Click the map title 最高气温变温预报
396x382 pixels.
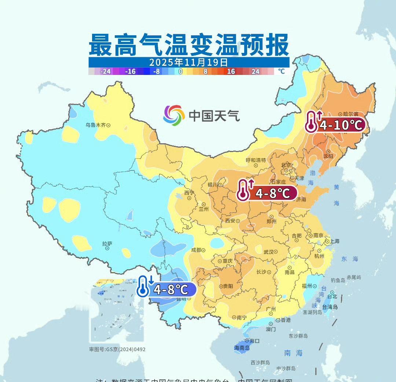click(x=189, y=45)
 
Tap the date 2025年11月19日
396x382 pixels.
click(x=189, y=62)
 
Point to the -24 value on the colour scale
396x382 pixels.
click(x=106, y=71)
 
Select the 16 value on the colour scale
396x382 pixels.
click(x=231, y=71)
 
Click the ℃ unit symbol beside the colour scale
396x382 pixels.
click(x=281, y=71)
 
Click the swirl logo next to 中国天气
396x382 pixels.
click(x=174, y=115)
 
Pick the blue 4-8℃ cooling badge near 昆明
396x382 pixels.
click(x=166, y=289)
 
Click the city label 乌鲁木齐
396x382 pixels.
click(x=96, y=125)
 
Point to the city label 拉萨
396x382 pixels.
click(x=107, y=244)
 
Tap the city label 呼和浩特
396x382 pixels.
click(x=256, y=160)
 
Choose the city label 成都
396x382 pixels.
click(x=196, y=250)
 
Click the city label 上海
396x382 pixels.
click(x=334, y=241)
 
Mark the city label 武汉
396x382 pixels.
click(x=269, y=252)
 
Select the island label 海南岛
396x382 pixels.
click(x=242, y=348)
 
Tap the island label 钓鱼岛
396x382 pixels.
click(x=338, y=280)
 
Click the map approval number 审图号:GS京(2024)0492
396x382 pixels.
click(x=117, y=349)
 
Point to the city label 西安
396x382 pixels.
click(x=230, y=221)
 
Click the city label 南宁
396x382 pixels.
click(x=242, y=318)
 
